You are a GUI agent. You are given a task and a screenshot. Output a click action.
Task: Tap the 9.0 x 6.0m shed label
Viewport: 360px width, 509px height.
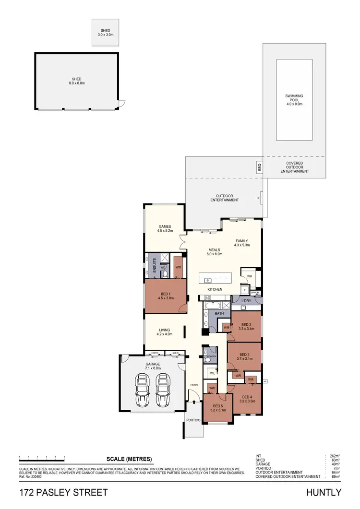[76, 81]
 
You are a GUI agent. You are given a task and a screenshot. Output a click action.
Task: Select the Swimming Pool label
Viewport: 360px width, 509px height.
[294, 100]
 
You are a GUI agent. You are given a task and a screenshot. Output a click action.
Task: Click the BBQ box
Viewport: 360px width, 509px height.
[259, 167]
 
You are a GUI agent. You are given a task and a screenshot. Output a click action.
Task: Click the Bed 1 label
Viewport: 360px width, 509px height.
[165, 296]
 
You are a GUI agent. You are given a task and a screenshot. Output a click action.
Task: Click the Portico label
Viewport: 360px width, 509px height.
[193, 420]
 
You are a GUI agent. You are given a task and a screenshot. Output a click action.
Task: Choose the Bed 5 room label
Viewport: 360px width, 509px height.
[218, 408]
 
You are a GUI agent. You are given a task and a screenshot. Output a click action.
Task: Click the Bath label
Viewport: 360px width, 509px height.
[219, 313]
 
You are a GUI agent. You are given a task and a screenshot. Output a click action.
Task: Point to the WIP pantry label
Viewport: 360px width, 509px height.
[250, 277]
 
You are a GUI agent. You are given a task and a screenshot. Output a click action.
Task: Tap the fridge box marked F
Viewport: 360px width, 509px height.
[244, 290]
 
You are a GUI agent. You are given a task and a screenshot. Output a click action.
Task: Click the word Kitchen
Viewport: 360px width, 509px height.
[214, 290]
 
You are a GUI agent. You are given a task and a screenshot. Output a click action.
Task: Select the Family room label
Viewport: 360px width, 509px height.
[243, 243]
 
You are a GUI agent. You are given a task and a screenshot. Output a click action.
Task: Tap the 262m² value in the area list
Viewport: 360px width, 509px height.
[335, 456]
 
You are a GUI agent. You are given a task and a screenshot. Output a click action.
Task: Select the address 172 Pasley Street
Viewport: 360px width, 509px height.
[63, 492]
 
